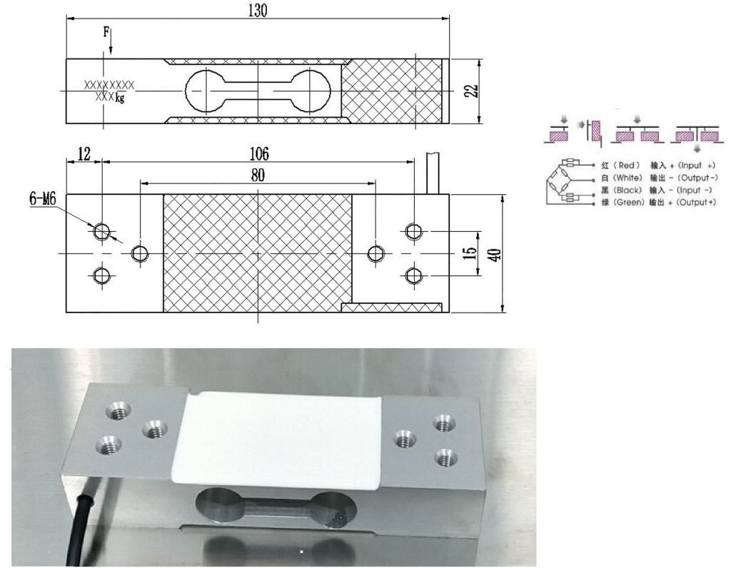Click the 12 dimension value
[x=84, y=153]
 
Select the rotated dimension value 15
[x=470, y=254]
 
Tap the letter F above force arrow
[x=106, y=32]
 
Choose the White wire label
[x=622, y=178]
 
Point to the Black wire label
[x=622, y=191]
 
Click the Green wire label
[x=622, y=203]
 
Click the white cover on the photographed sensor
[x=286, y=435]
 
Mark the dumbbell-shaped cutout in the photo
[x=275, y=507]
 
